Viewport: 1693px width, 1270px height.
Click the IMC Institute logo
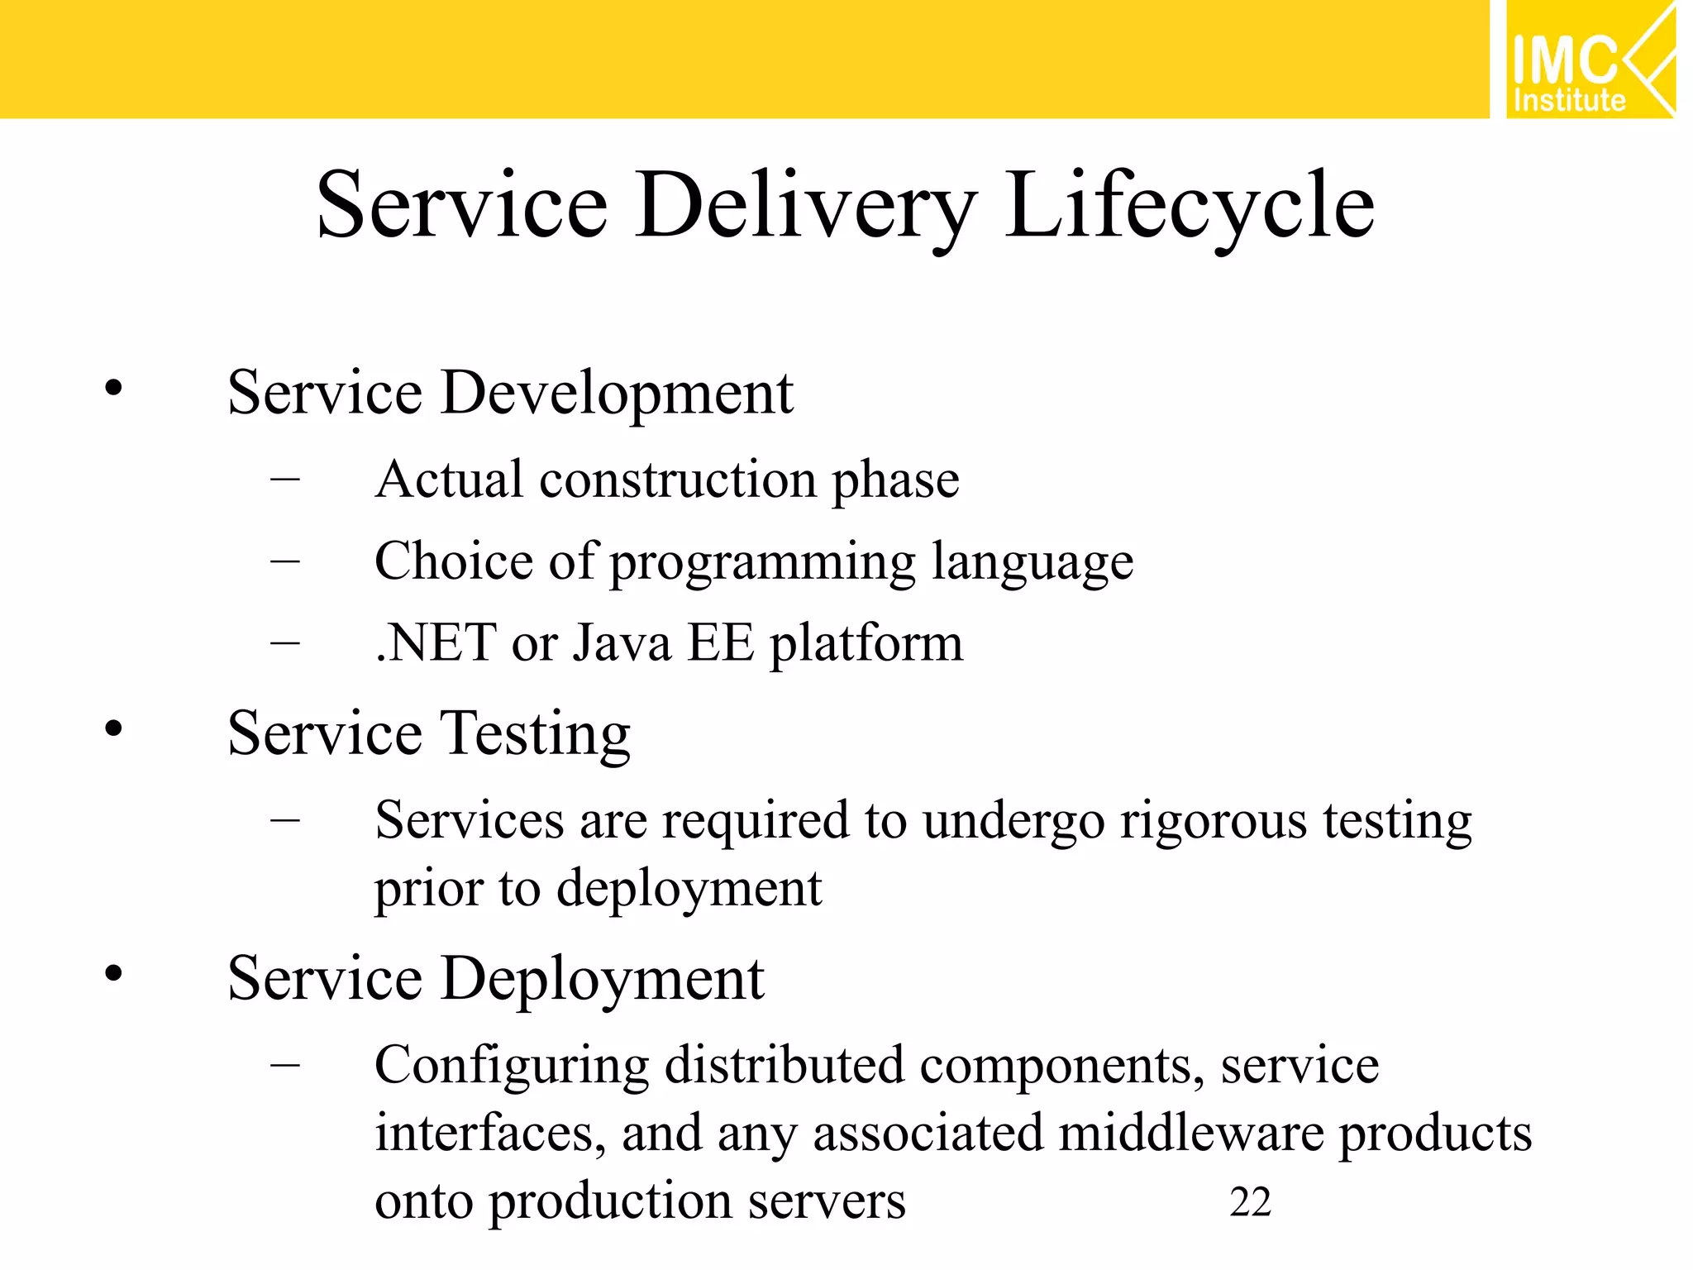(x=1589, y=60)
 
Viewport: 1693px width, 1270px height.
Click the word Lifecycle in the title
(x=1190, y=205)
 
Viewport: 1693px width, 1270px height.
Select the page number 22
(x=1250, y=1202)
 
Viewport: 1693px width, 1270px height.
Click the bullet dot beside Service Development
(x=113, y=388)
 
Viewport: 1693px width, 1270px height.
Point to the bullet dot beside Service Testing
(x=113, y=728)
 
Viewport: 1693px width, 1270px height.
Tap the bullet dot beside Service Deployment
(x=113, y=973)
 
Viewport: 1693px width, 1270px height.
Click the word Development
(x=617, y=394)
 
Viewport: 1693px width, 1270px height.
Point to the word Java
(x=622, y=643)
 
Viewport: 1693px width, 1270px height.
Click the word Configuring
(x=511, y=1067)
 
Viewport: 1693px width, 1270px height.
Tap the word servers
(x=826, y=1201)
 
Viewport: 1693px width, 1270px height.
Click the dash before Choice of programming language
(x=284, y=561)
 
